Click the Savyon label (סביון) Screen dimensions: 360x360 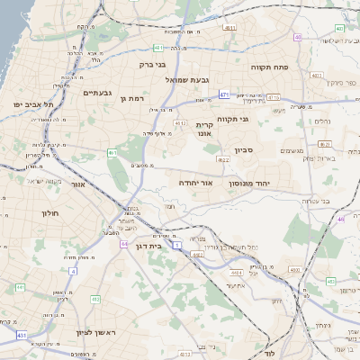246,150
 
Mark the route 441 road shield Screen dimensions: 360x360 20,287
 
